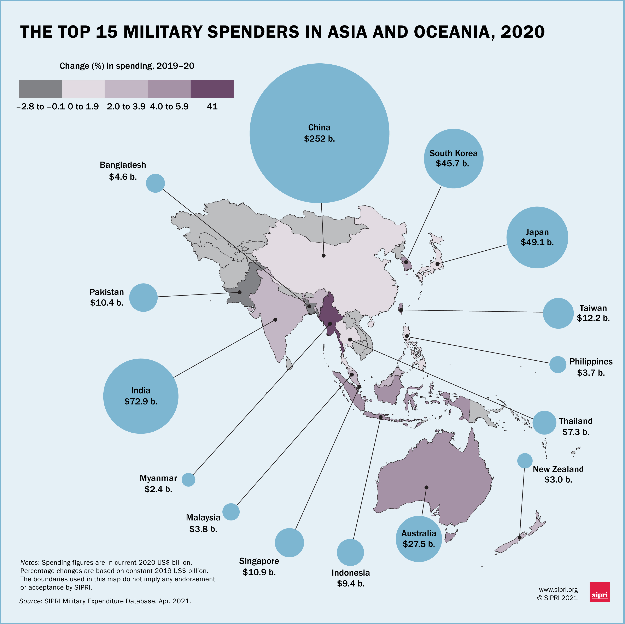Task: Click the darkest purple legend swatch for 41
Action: (x=212, y=89)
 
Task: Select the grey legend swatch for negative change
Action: (x=40, y=89)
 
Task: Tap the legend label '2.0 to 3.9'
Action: (x=126, y=107)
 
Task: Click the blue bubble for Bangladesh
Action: (x=155, y=183)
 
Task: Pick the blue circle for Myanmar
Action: (x=188, y=479)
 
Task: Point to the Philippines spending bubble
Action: (x=558, y=365)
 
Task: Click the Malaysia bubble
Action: (x=231, y=512)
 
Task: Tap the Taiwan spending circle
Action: (x=558, y=313)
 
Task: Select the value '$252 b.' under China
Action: (x=319, y=139)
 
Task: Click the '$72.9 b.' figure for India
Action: (x=141, y=401)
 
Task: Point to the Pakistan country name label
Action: (x=107, y=292)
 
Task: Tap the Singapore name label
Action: (x=259, y=561)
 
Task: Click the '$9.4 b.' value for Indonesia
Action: (x=351, y=584)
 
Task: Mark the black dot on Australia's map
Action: (x=426, y=487)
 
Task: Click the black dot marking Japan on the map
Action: (x=437, y=264)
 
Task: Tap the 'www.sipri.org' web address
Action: (x=558, y=590)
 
